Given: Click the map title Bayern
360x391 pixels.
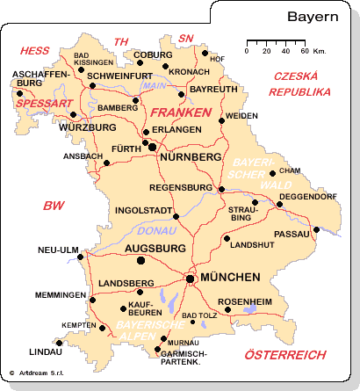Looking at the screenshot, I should tap(312, 16).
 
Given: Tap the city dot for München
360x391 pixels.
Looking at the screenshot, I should tap(189, 279).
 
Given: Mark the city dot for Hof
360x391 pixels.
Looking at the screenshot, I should tap(205, 54).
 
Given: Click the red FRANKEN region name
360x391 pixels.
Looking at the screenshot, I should tap(180, 113).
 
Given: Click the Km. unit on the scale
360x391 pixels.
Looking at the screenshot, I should tap(320, 51).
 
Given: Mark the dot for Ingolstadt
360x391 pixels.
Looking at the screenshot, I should tap(176, 216).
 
